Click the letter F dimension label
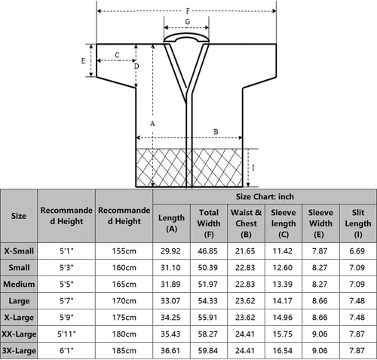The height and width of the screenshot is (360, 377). pos(188,11)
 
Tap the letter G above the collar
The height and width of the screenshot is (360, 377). pos(188,22)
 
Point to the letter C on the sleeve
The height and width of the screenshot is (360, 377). pos(117,55)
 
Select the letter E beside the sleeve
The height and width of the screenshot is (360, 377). pos(83,61)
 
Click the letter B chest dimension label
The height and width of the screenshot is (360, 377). pos(216,132)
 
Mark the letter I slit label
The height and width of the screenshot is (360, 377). pos(253,168)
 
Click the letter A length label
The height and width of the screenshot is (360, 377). pos(152,124)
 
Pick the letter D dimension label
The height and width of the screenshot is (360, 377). pos(136,66)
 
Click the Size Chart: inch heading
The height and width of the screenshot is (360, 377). pos(265,196)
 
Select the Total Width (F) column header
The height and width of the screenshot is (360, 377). pos(209,223)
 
